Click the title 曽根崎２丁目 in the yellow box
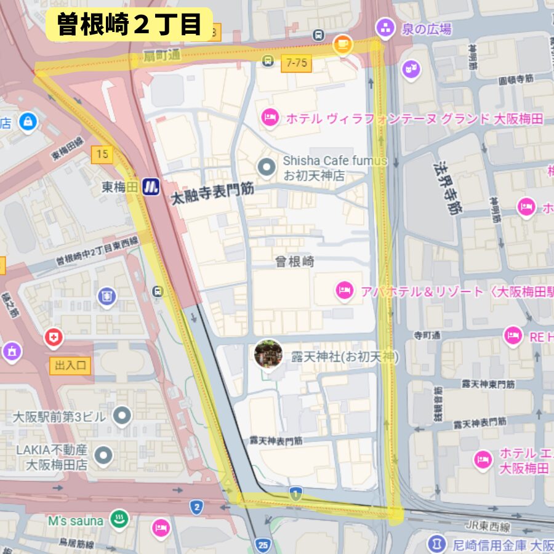point(129,25)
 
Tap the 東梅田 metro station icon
point(151,187)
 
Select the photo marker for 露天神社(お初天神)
point(268,354)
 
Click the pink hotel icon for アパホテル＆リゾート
point(344,291)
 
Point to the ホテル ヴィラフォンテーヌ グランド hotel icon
point(270,118)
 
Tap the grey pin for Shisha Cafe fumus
point(266,166)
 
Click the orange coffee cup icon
point(342,44)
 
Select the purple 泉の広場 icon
point(385,28)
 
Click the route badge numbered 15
point(102,154)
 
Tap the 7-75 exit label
point(296,62)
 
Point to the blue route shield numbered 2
point(196,507)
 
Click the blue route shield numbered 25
point(263,545)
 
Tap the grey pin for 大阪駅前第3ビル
point(122,416)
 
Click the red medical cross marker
point(54,337)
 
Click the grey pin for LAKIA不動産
point(103,456)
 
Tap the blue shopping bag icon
point(28,122)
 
